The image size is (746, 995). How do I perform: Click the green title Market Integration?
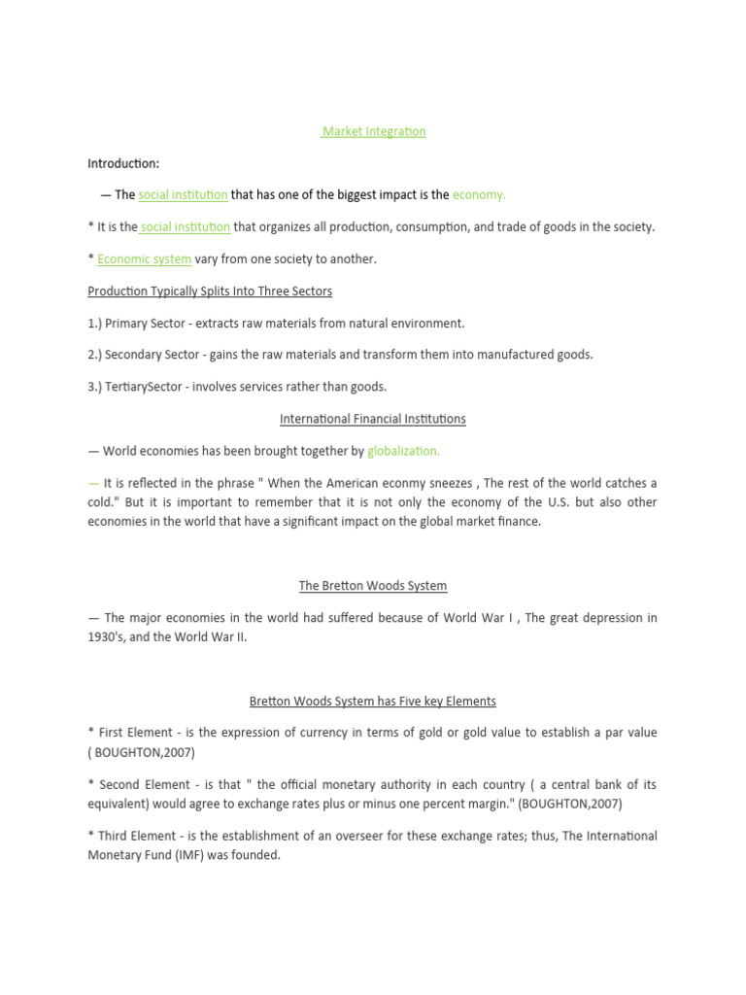point(374,131)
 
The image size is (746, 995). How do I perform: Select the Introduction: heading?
point(123,163)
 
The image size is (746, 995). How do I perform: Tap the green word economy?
point(479,195)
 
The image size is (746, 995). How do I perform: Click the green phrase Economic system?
point(145,259)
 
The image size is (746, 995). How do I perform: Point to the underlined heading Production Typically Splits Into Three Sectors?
point(210,292)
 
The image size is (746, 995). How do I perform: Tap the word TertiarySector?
point(145,387)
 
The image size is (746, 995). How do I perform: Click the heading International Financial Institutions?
point(373,419)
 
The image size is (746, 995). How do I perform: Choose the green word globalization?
point(403,451)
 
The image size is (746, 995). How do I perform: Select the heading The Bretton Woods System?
point(373,586)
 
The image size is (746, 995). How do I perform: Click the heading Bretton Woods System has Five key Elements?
point(373,701)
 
